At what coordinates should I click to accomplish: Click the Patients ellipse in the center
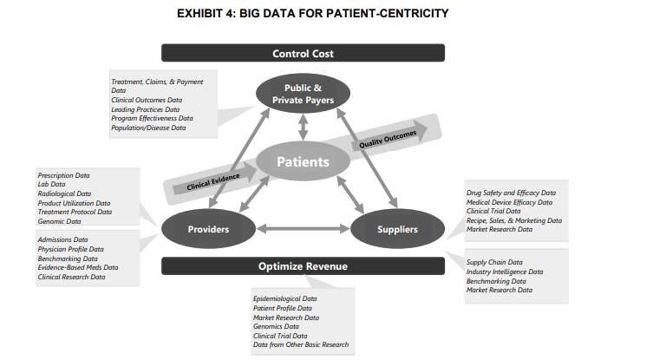tap(303, 161)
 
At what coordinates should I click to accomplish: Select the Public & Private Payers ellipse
tap(303, 94)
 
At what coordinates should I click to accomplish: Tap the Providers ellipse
tap(208, 229)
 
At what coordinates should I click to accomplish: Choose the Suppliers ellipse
tap(397, 229)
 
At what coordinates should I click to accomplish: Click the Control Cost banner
tap(303, 53)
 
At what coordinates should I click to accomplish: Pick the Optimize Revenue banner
tap(303, 266)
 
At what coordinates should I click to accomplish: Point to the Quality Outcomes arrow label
tap(388, 139)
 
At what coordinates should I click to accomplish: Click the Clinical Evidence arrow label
tap(213, 182)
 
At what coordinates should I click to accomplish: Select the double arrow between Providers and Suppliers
tap(303, 229)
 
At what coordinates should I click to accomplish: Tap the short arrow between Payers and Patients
tap(303, 127)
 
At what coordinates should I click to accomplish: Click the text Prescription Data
tap(63, 175)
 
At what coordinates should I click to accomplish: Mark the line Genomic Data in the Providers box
tap(59, 221)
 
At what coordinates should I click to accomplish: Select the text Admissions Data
tap(62, 239)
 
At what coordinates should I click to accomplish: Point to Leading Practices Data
tap(146, 109)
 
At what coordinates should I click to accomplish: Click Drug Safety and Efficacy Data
tap(511, 193)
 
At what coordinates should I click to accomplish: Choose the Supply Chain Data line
tap(494, 262)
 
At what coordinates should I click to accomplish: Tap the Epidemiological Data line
tap(285, 298)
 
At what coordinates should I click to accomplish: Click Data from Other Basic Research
tap(301, 344)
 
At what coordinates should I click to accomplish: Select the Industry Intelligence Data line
tap(505, 272)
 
